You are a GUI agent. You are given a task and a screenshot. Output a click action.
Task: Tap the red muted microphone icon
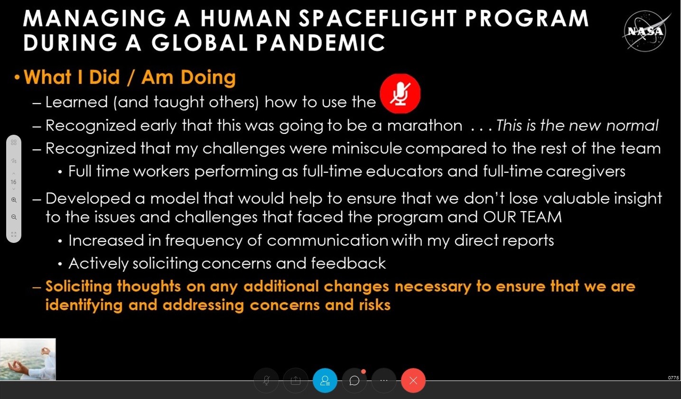click(x=400, y=93)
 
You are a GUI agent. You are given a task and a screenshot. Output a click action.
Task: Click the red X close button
click(x=413, y=380)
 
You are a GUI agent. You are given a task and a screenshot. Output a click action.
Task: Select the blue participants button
click(x=325, y=380)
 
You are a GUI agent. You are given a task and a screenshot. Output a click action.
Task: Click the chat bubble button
click(x=354, y=380)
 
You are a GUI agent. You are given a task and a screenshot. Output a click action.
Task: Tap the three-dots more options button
click(x=384, y=380)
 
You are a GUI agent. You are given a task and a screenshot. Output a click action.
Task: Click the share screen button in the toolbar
click(x=296, y=380)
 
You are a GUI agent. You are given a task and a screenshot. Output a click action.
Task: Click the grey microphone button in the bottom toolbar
click(x=266, y=380)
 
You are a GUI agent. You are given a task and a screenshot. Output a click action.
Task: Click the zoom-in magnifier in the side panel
click(x=14, y=200)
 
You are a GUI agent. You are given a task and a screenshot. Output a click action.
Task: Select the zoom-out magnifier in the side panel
click(x=14, y=217)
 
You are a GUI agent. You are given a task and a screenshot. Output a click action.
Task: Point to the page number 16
click(x=13, y=182)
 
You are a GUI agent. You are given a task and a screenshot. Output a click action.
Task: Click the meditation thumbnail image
click(x=28, y=359)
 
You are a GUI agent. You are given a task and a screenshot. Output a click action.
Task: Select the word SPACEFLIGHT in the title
click(x=378, y=19)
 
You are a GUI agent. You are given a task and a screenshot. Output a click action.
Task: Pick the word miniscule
click(x=367, y=148)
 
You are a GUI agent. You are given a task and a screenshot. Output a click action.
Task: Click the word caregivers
click(x=586, y=172)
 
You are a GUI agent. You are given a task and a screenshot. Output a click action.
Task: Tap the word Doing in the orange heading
click(x=208, y=78)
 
